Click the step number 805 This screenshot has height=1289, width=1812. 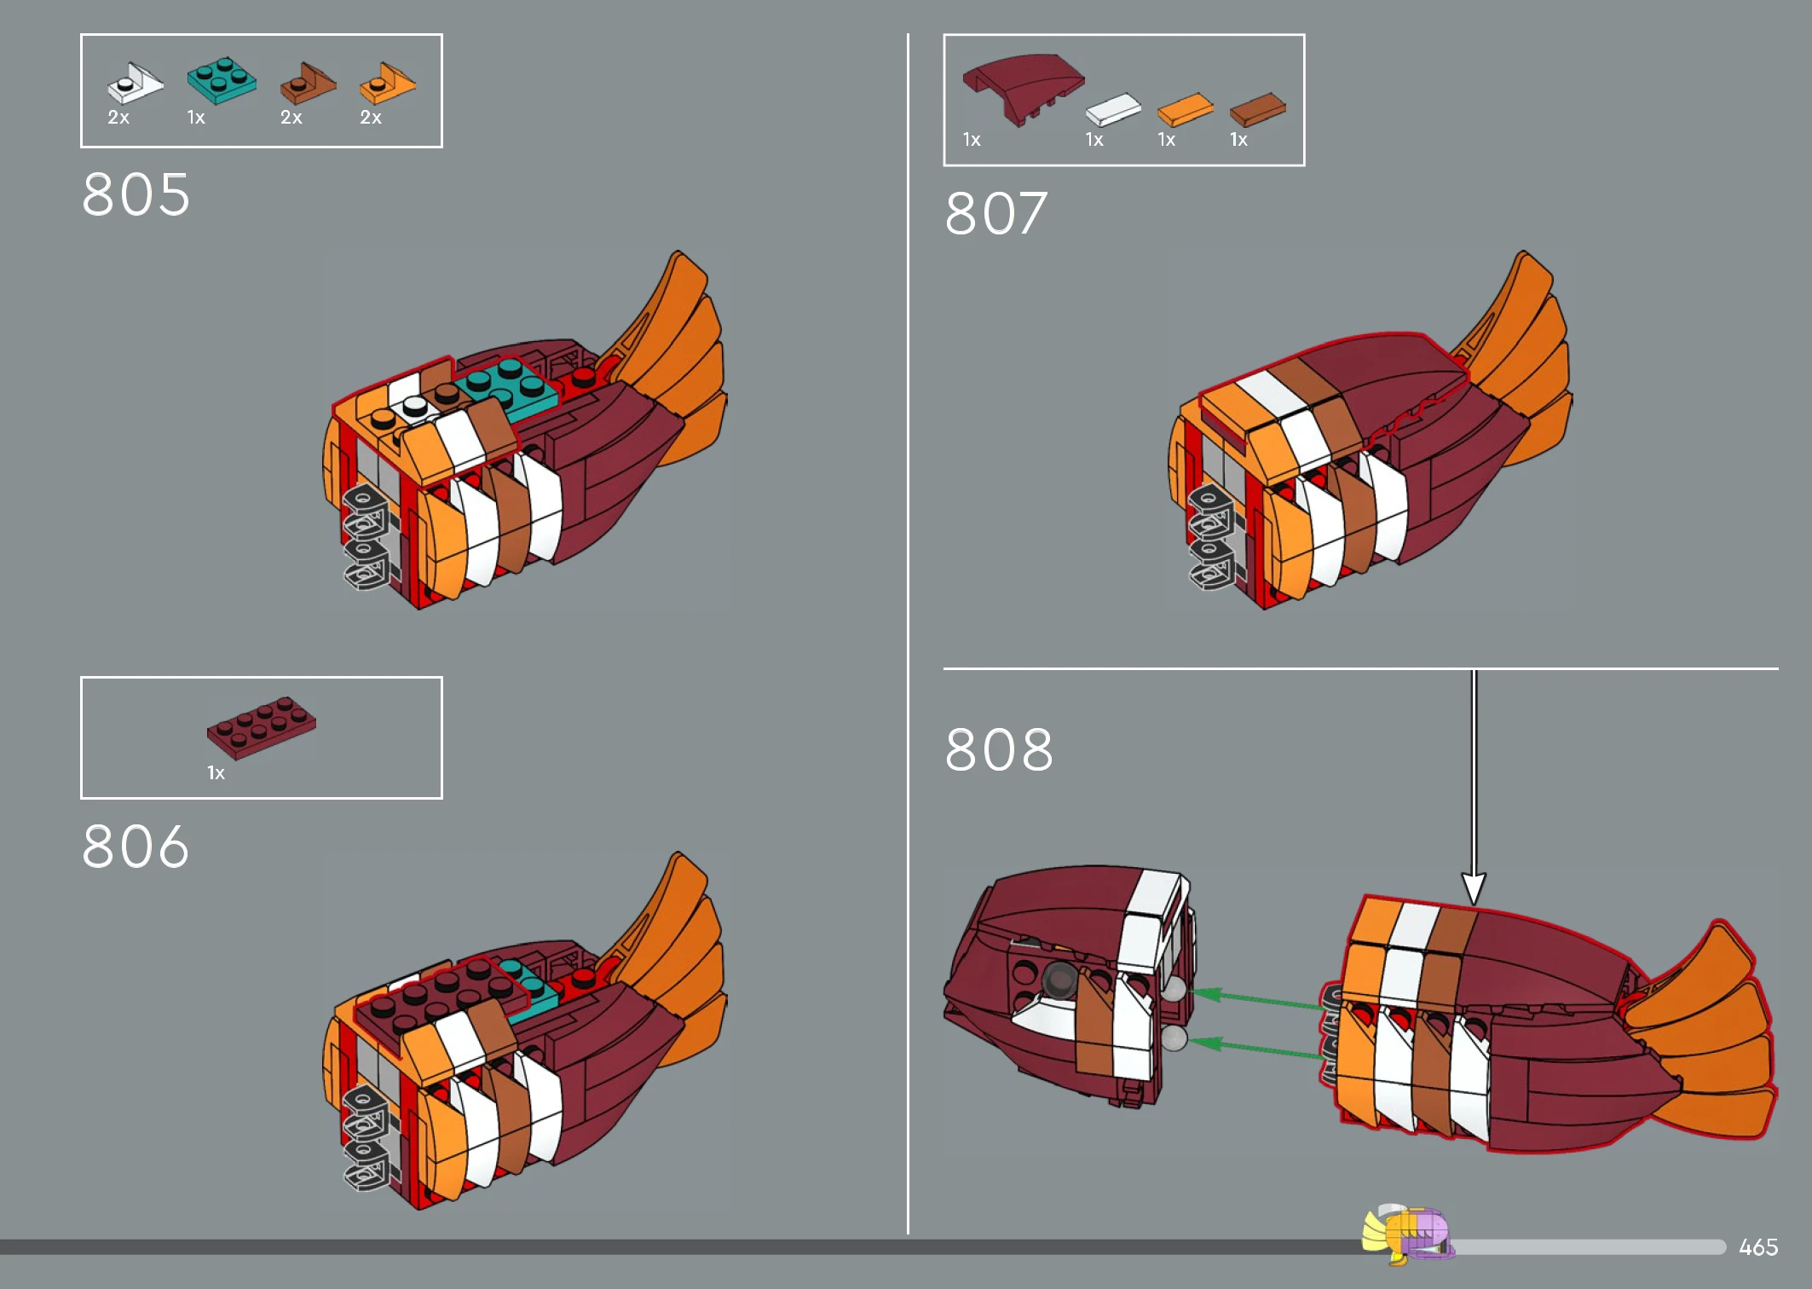(x=136, y=194)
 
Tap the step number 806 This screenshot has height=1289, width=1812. (x=136, y=847)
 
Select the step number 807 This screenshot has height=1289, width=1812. (x=996, y=213)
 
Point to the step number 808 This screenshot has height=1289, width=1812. (x=999, y=750)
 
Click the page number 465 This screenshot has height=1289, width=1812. (x=1758, y=1247)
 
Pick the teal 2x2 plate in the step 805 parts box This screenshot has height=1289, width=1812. (x=222, y=80)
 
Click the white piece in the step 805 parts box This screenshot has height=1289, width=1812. (x=135, y=83)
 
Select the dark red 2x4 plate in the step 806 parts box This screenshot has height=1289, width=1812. (x=262, y=727)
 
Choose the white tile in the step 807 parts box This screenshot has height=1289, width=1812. (x=1113, y=109)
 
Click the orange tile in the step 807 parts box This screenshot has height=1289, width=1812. (x=1186, y=109)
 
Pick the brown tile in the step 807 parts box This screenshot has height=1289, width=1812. (x=1258, y=109)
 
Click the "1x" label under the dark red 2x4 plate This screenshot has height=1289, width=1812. (x=216, y=773)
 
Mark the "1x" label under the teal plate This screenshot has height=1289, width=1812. (x=196, y=118)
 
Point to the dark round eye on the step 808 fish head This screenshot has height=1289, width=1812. (x=1059, y=980)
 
